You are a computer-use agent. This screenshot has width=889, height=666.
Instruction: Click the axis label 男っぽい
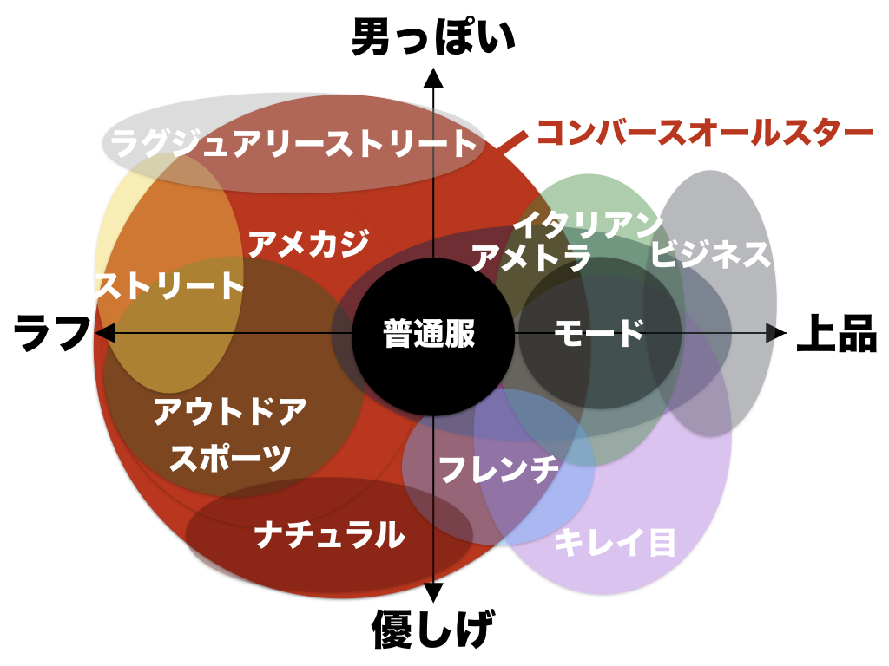[432, 38]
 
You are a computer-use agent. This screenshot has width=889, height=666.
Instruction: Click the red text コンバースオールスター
[704, 133]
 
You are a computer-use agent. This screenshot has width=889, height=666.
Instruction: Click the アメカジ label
[307, 244]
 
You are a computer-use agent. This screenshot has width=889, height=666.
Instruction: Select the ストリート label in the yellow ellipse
[170, 286]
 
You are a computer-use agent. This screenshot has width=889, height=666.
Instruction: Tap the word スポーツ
[231, 457]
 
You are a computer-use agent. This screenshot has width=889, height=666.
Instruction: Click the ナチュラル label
[331, 534]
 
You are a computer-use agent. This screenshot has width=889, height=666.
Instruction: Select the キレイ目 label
[615, 544]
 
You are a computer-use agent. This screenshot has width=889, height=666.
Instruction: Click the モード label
[599, 333]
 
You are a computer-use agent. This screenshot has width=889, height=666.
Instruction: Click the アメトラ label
[531, 258]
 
